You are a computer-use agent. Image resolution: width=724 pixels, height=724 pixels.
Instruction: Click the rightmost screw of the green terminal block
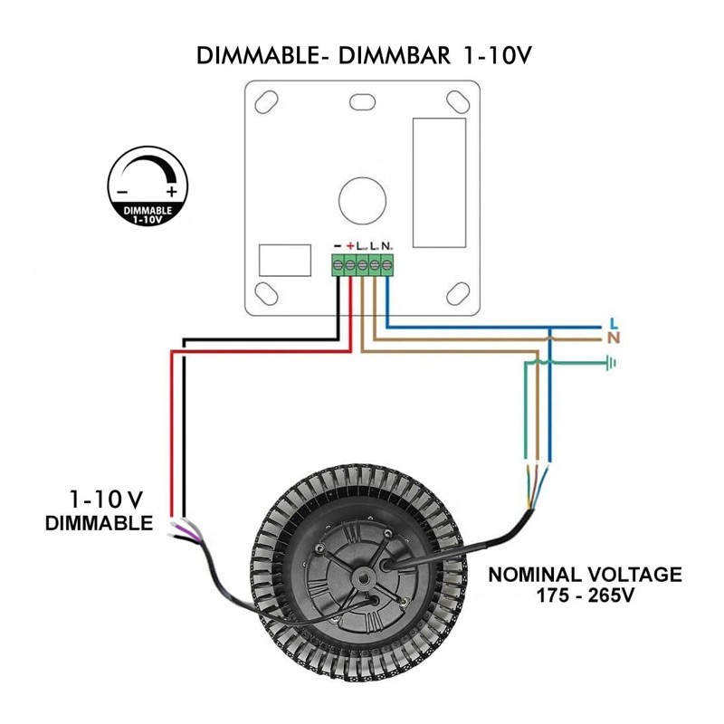[x=387, y=265]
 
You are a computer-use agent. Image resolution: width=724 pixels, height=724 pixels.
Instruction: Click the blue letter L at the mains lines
[x=614, y=323]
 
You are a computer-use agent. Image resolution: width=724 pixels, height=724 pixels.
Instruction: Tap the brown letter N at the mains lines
[x=614, y=338]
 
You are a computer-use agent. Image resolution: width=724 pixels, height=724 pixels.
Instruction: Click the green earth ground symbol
[x=613, y=364]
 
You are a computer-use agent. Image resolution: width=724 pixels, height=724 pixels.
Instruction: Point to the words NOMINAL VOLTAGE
[x=585, y=574]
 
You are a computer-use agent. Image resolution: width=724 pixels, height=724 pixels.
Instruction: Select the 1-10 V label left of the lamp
[x=106, y=499]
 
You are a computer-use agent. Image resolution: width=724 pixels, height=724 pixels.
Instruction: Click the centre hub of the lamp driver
[x=363, y=577]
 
